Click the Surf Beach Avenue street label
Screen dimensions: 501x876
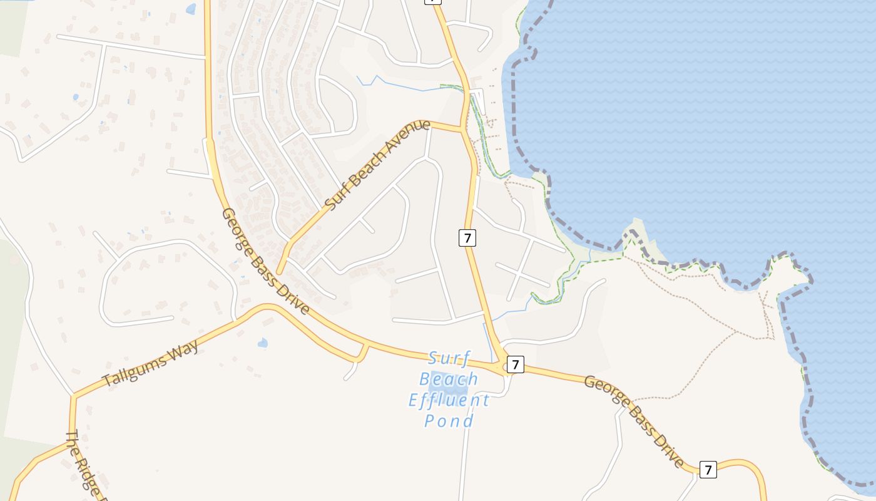tap(378, 165)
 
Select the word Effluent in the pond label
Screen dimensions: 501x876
tap(449, 400)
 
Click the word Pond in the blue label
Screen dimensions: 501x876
tap(449, 421)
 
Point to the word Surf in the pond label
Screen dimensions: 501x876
tap(449, 358)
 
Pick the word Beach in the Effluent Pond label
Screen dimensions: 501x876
tap(449, 379)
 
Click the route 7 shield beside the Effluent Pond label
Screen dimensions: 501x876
tap(515, 364)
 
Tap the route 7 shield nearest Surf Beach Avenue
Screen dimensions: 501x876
tap(467, 237)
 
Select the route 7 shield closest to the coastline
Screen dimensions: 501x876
tap(708, 470)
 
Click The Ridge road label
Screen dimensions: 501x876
tap(83, 463)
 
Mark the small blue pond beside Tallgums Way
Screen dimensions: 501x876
tap(263, 343)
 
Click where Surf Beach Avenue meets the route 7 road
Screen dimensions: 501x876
tap(462, 130)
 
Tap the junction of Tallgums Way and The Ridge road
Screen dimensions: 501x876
tap(73, 396)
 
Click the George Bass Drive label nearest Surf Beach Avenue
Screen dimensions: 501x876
tap(265, 261)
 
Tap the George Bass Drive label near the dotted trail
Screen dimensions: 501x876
tap(633, 421)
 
